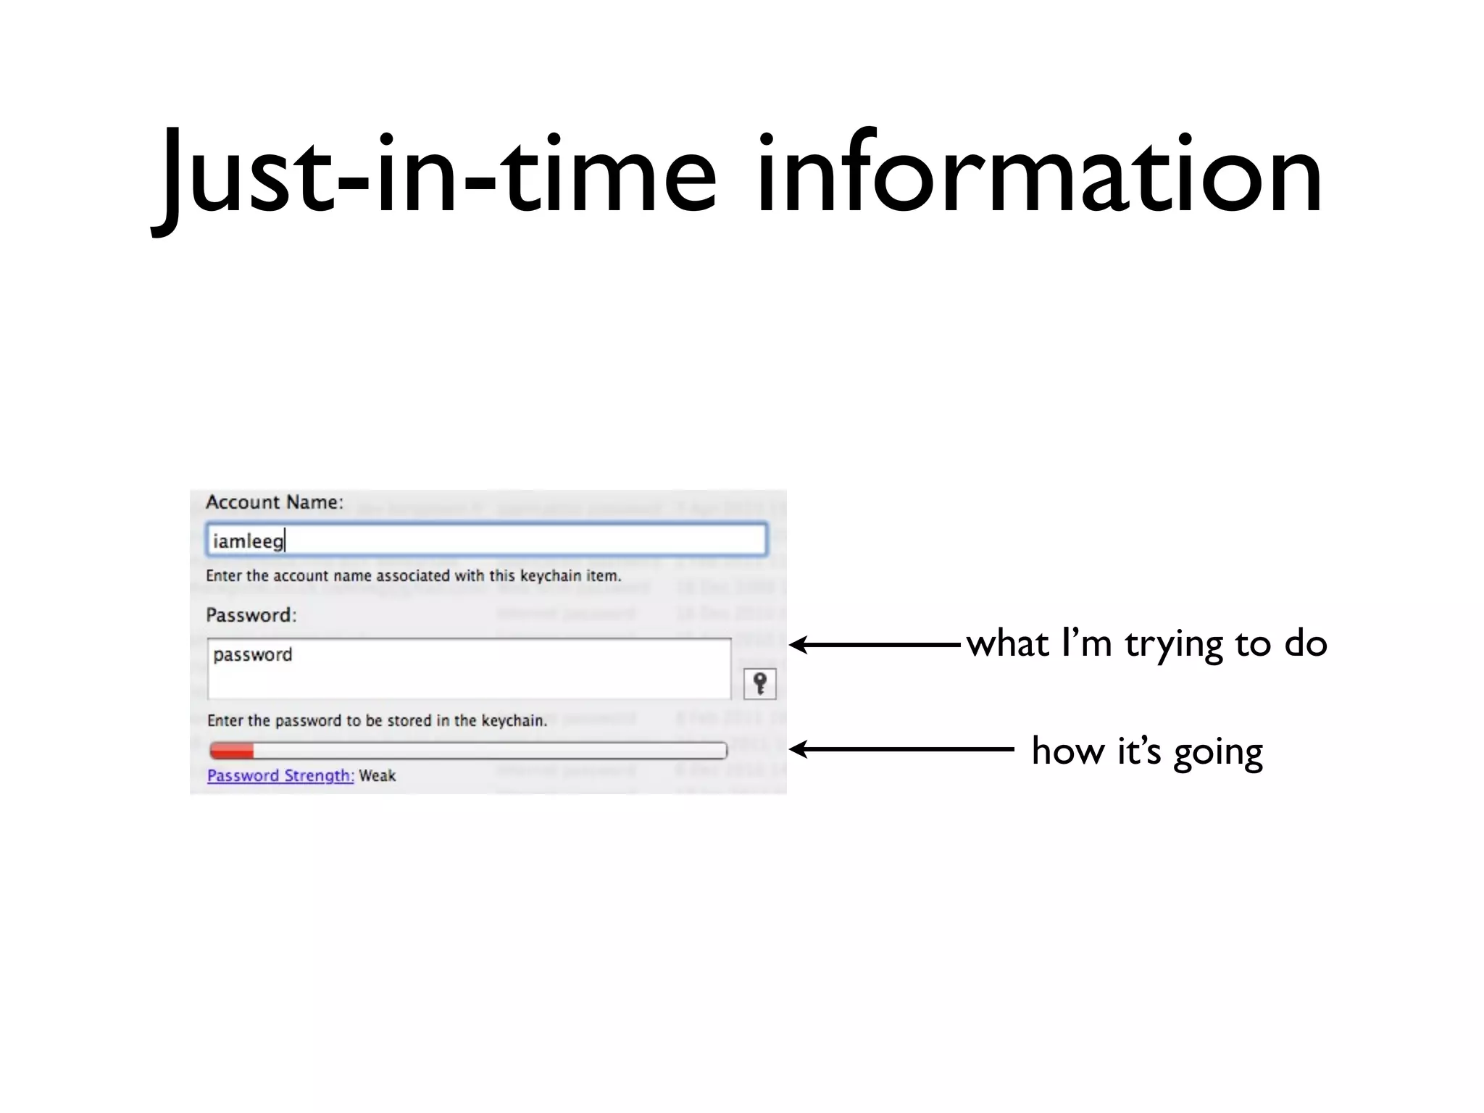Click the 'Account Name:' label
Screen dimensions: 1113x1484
click(274, 502)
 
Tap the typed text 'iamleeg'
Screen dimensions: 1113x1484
click(248, 541)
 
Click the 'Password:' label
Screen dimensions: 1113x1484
click(251, 615)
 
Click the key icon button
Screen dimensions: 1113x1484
click(759, 683)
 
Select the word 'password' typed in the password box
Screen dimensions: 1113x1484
click(252, 654)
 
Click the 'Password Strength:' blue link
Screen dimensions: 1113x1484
click(280, 775)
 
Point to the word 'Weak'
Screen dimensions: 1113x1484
click(378, 775)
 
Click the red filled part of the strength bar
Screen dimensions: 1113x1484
click(231, 750)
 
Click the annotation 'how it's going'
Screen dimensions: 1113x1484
click(1147, 751)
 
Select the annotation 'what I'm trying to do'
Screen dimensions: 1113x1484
click(1146, 643)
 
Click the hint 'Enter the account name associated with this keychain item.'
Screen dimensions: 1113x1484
click(413, 576)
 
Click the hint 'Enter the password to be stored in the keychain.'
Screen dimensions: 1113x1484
click(377, 720)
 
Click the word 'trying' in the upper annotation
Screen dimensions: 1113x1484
click(1174, 645)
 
